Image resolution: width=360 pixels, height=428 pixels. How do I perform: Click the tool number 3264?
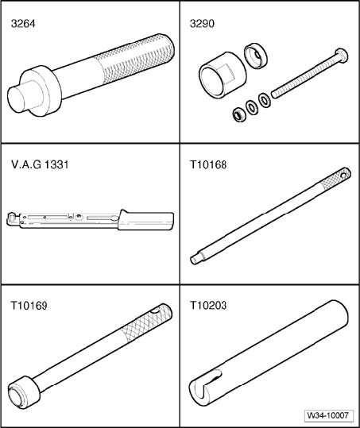tap(23, 24)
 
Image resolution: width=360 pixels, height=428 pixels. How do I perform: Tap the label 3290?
tap(202, 24)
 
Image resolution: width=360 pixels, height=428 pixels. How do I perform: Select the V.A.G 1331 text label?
tap(40, 164)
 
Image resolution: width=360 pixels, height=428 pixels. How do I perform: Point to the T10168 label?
tap(208, 164)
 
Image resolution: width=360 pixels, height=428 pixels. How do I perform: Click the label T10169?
tap(29, 306)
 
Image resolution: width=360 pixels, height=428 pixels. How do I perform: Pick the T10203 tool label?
tap(208, 306)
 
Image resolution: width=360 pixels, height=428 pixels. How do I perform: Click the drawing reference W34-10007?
tap(328, 415)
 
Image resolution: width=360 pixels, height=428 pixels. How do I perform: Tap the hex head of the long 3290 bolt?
tap(341, 56)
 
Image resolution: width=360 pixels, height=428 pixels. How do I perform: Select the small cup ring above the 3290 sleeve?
tap(256, 56)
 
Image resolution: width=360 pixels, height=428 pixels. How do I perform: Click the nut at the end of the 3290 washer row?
tap(239, 115)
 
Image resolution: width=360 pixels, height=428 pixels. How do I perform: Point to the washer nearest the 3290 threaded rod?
tap(264, 100)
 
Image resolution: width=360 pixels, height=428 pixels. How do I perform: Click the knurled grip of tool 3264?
tap(136, 60)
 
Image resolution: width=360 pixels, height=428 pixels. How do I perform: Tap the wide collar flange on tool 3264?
tap(41, 91)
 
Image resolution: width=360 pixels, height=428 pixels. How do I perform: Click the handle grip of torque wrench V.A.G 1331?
tap(146, 220)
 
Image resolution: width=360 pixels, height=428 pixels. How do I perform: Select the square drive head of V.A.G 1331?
tap(11, 219)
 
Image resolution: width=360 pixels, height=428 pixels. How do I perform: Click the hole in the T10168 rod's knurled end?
tap(346, 172)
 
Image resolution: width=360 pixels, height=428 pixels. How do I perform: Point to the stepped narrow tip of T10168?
tap(196, 259)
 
